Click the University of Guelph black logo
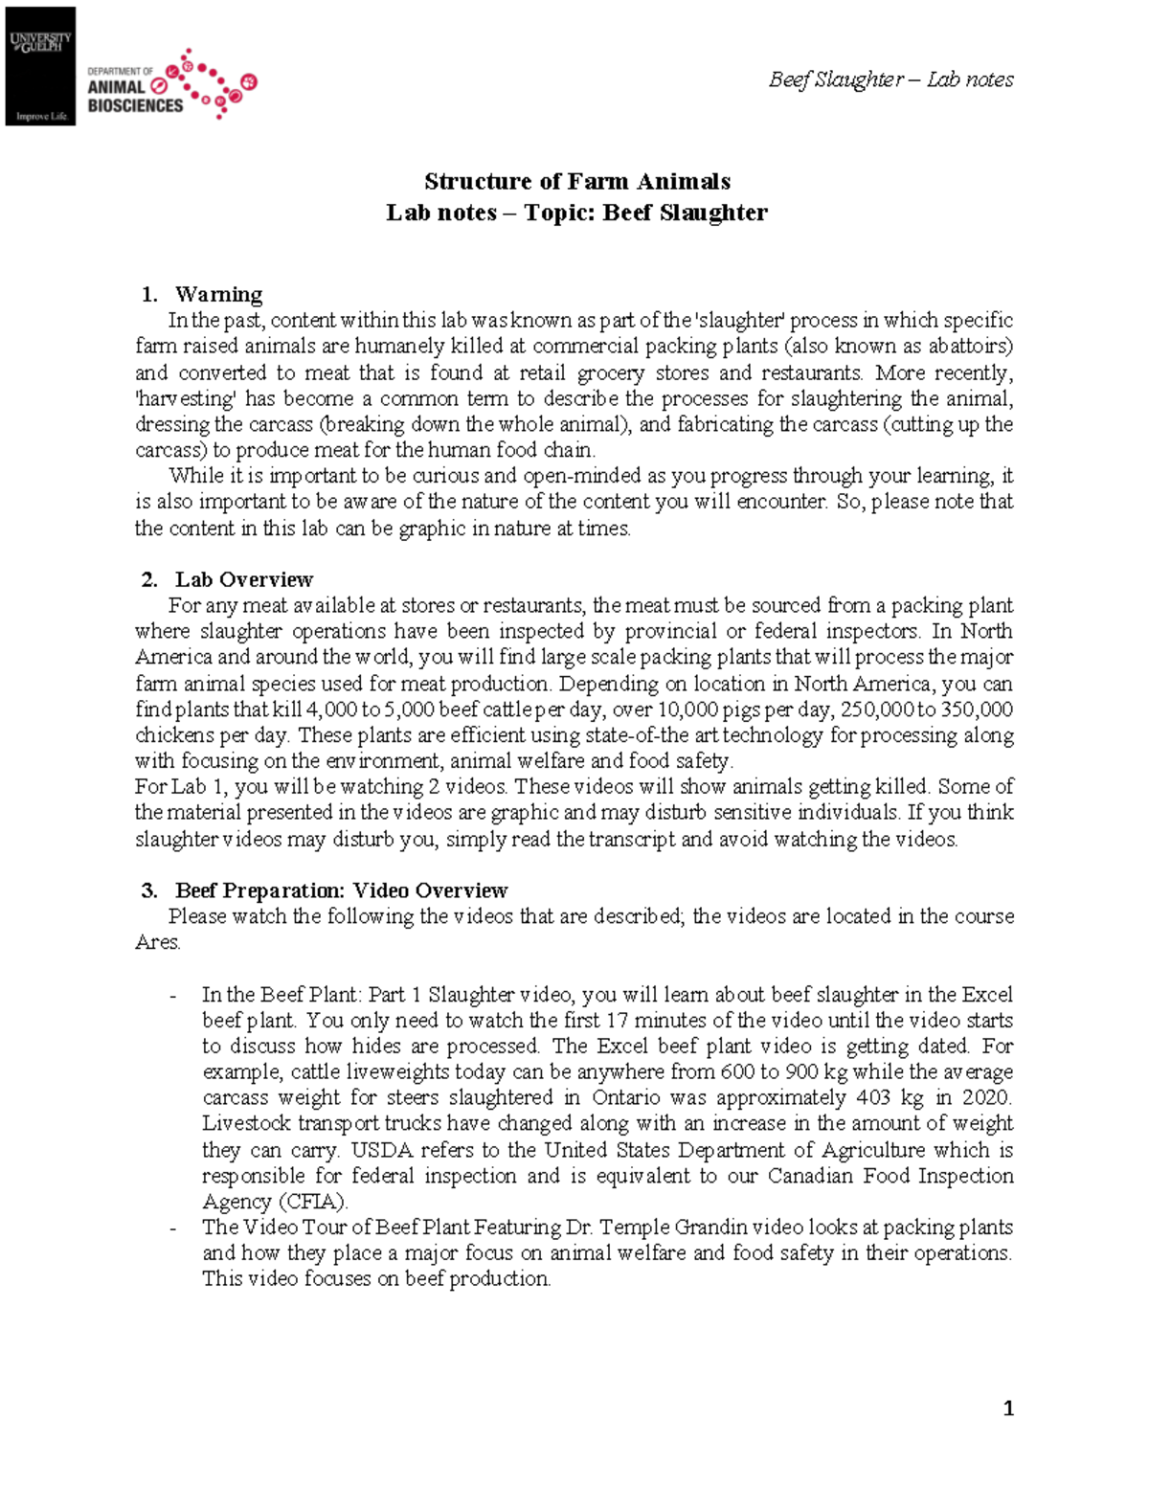[40, 66]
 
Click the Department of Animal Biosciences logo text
[134, 90]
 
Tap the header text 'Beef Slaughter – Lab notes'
[890, 79]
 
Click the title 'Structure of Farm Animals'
[576, 181]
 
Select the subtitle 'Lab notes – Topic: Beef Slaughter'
[576, 213]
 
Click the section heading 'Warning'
[218, 294]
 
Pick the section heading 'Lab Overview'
[243, 579]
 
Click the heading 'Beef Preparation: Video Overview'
[341, 890]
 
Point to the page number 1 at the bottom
[1007, 1408]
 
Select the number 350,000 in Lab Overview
[977, 710]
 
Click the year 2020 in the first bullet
[988, 1097]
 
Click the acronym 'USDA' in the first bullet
[382, 1150]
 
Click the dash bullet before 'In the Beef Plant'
[172, 996]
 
